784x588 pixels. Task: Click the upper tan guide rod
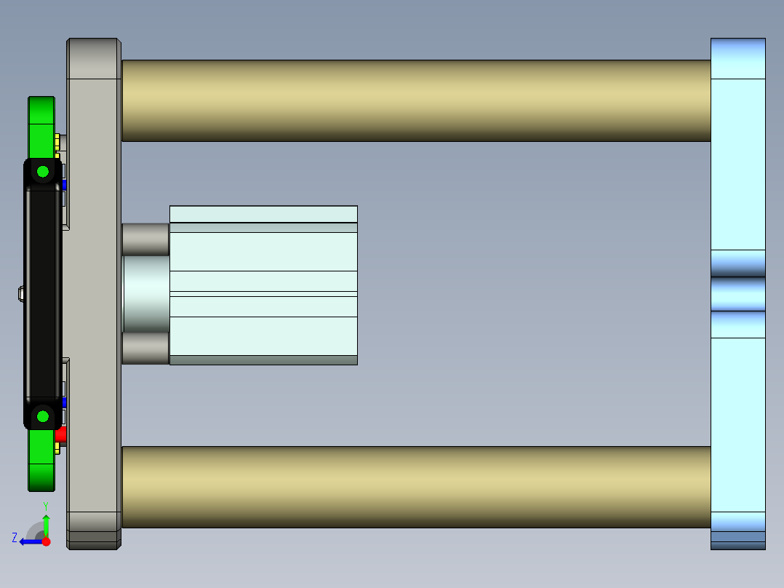pyautogui.click(x=415, y=100)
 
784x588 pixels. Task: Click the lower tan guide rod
pyautogui.click(x=415, y=487)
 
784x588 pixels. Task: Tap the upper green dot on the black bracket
pyautogui.click(x=43, y=172)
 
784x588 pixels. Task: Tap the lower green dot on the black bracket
pyautogui.click(x=43, y=416)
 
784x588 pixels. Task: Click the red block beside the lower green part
pyautogui.click(x=61, y=434)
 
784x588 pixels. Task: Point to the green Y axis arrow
pyautogui.click(x=46, y=523)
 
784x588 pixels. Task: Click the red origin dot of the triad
pyautogui.click(x=46, y=541)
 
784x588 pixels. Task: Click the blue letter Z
pyautogui.click(x=15, y=538)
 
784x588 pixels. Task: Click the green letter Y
pyautogui.click(x=45, y=505)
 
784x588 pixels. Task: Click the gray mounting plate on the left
pyautogui.click(x=93, y=291)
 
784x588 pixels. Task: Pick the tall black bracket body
pyautogui.click(x=43, y=291)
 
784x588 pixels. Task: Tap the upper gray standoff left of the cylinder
pyautogui.click(x=145, y=239)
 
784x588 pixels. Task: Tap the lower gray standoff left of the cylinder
pyautogui.click(x=145, y=348)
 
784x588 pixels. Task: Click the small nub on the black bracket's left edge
pyautogui.click(x=20, y=293)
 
